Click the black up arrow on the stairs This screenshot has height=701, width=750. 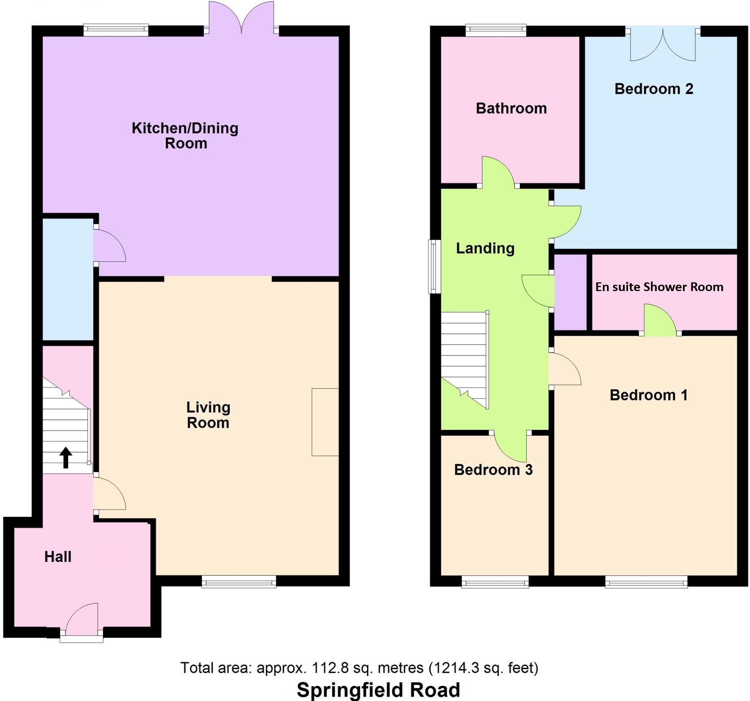[66, 457]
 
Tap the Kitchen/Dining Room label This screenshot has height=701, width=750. [185, 136]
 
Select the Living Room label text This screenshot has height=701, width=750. [208, 415]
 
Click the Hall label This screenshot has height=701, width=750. [58, 557]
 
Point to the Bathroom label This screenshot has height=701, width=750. [511, 108]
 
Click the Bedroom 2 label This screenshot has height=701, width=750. [653, 89]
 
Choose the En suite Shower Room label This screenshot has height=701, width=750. [659, 287]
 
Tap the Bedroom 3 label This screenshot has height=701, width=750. [493, 470]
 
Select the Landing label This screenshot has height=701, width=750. [485, 248]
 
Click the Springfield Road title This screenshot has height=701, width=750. [378, 689]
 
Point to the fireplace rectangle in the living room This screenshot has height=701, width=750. [325, 422]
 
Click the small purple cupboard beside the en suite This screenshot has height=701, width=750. [570, 292]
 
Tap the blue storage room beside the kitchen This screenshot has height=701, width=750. [68, 279]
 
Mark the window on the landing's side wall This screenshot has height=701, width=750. [434, 266]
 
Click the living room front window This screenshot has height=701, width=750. [239, 581]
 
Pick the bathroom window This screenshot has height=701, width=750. [496, 30]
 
